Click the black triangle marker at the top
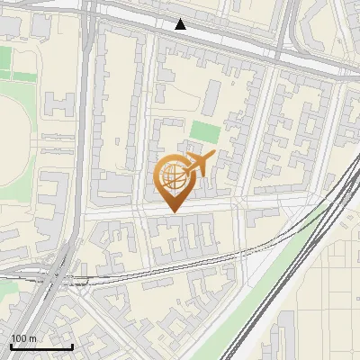coord(181,24)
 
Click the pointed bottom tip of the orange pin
coord(174,212)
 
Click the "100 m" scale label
coord(23,337)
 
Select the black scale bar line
coord(41,346)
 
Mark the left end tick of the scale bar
coord(11,345)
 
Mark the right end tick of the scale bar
coord(72,345)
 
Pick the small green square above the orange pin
coord(204,131)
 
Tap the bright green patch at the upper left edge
coord(5,59)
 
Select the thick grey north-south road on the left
coord(85,135)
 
